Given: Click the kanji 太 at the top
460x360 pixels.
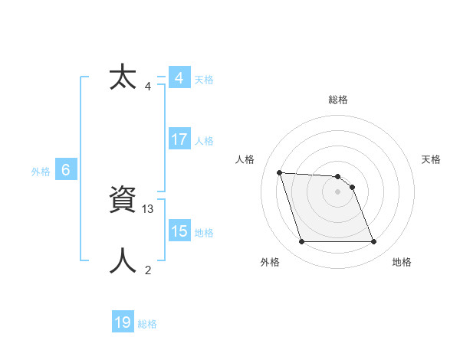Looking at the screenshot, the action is (123, 77).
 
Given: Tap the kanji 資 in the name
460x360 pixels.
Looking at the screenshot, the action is (123, 201).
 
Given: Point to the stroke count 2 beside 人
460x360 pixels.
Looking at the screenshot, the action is (148, 270).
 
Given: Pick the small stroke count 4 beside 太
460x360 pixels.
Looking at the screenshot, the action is (148, 87).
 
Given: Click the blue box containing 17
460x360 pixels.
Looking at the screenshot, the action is (179, 139).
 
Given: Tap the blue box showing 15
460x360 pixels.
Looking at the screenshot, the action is (179, 231).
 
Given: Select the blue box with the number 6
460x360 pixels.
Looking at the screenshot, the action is (66, 170).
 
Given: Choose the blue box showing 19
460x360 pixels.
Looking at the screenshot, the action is (123, 322).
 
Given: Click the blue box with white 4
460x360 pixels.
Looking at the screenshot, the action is (179, 78).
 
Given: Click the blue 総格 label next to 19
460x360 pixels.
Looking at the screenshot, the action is (147, 324).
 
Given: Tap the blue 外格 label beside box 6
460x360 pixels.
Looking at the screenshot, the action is (41, 172).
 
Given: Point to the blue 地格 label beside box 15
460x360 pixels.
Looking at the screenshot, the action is (204, 233).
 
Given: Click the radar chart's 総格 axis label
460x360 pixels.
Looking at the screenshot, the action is (338, 100).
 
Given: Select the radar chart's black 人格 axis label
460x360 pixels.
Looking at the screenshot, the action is (245, 159).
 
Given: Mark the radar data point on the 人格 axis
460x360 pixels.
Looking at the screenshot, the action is (280, 172).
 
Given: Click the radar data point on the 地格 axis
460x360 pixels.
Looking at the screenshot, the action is (373, 242).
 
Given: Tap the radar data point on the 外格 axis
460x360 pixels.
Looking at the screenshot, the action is (301, 242).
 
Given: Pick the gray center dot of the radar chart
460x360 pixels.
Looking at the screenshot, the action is (337, 191).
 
